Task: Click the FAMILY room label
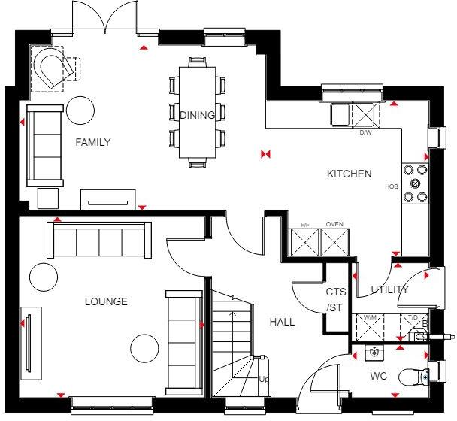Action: point(92,142)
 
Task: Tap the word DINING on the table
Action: point(198,115)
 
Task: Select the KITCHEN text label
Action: point(349,174)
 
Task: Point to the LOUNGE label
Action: point(106,301)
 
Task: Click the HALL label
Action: point(282,322)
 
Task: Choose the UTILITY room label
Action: point(390,289)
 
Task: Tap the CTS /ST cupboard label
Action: point(334,299)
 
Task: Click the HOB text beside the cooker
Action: point(391,186)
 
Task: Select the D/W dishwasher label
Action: point(365,133)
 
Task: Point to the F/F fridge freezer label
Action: point(305,224)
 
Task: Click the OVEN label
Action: point(334,224)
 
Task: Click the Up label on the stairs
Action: point(263,380)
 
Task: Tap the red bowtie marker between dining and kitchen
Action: point(264,154)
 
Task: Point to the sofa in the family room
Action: point(45,145)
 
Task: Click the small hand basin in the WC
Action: point(374,351)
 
